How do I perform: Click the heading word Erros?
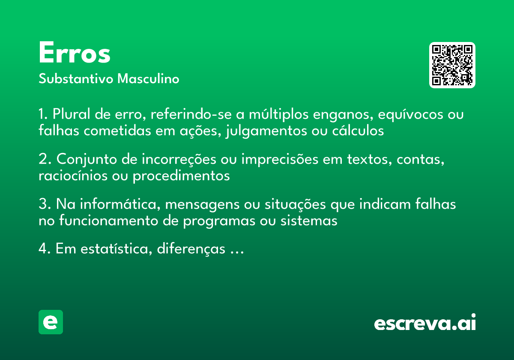75,54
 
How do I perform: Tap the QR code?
452,65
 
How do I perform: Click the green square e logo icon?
51,322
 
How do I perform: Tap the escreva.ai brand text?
425,323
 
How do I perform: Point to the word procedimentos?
181,176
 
